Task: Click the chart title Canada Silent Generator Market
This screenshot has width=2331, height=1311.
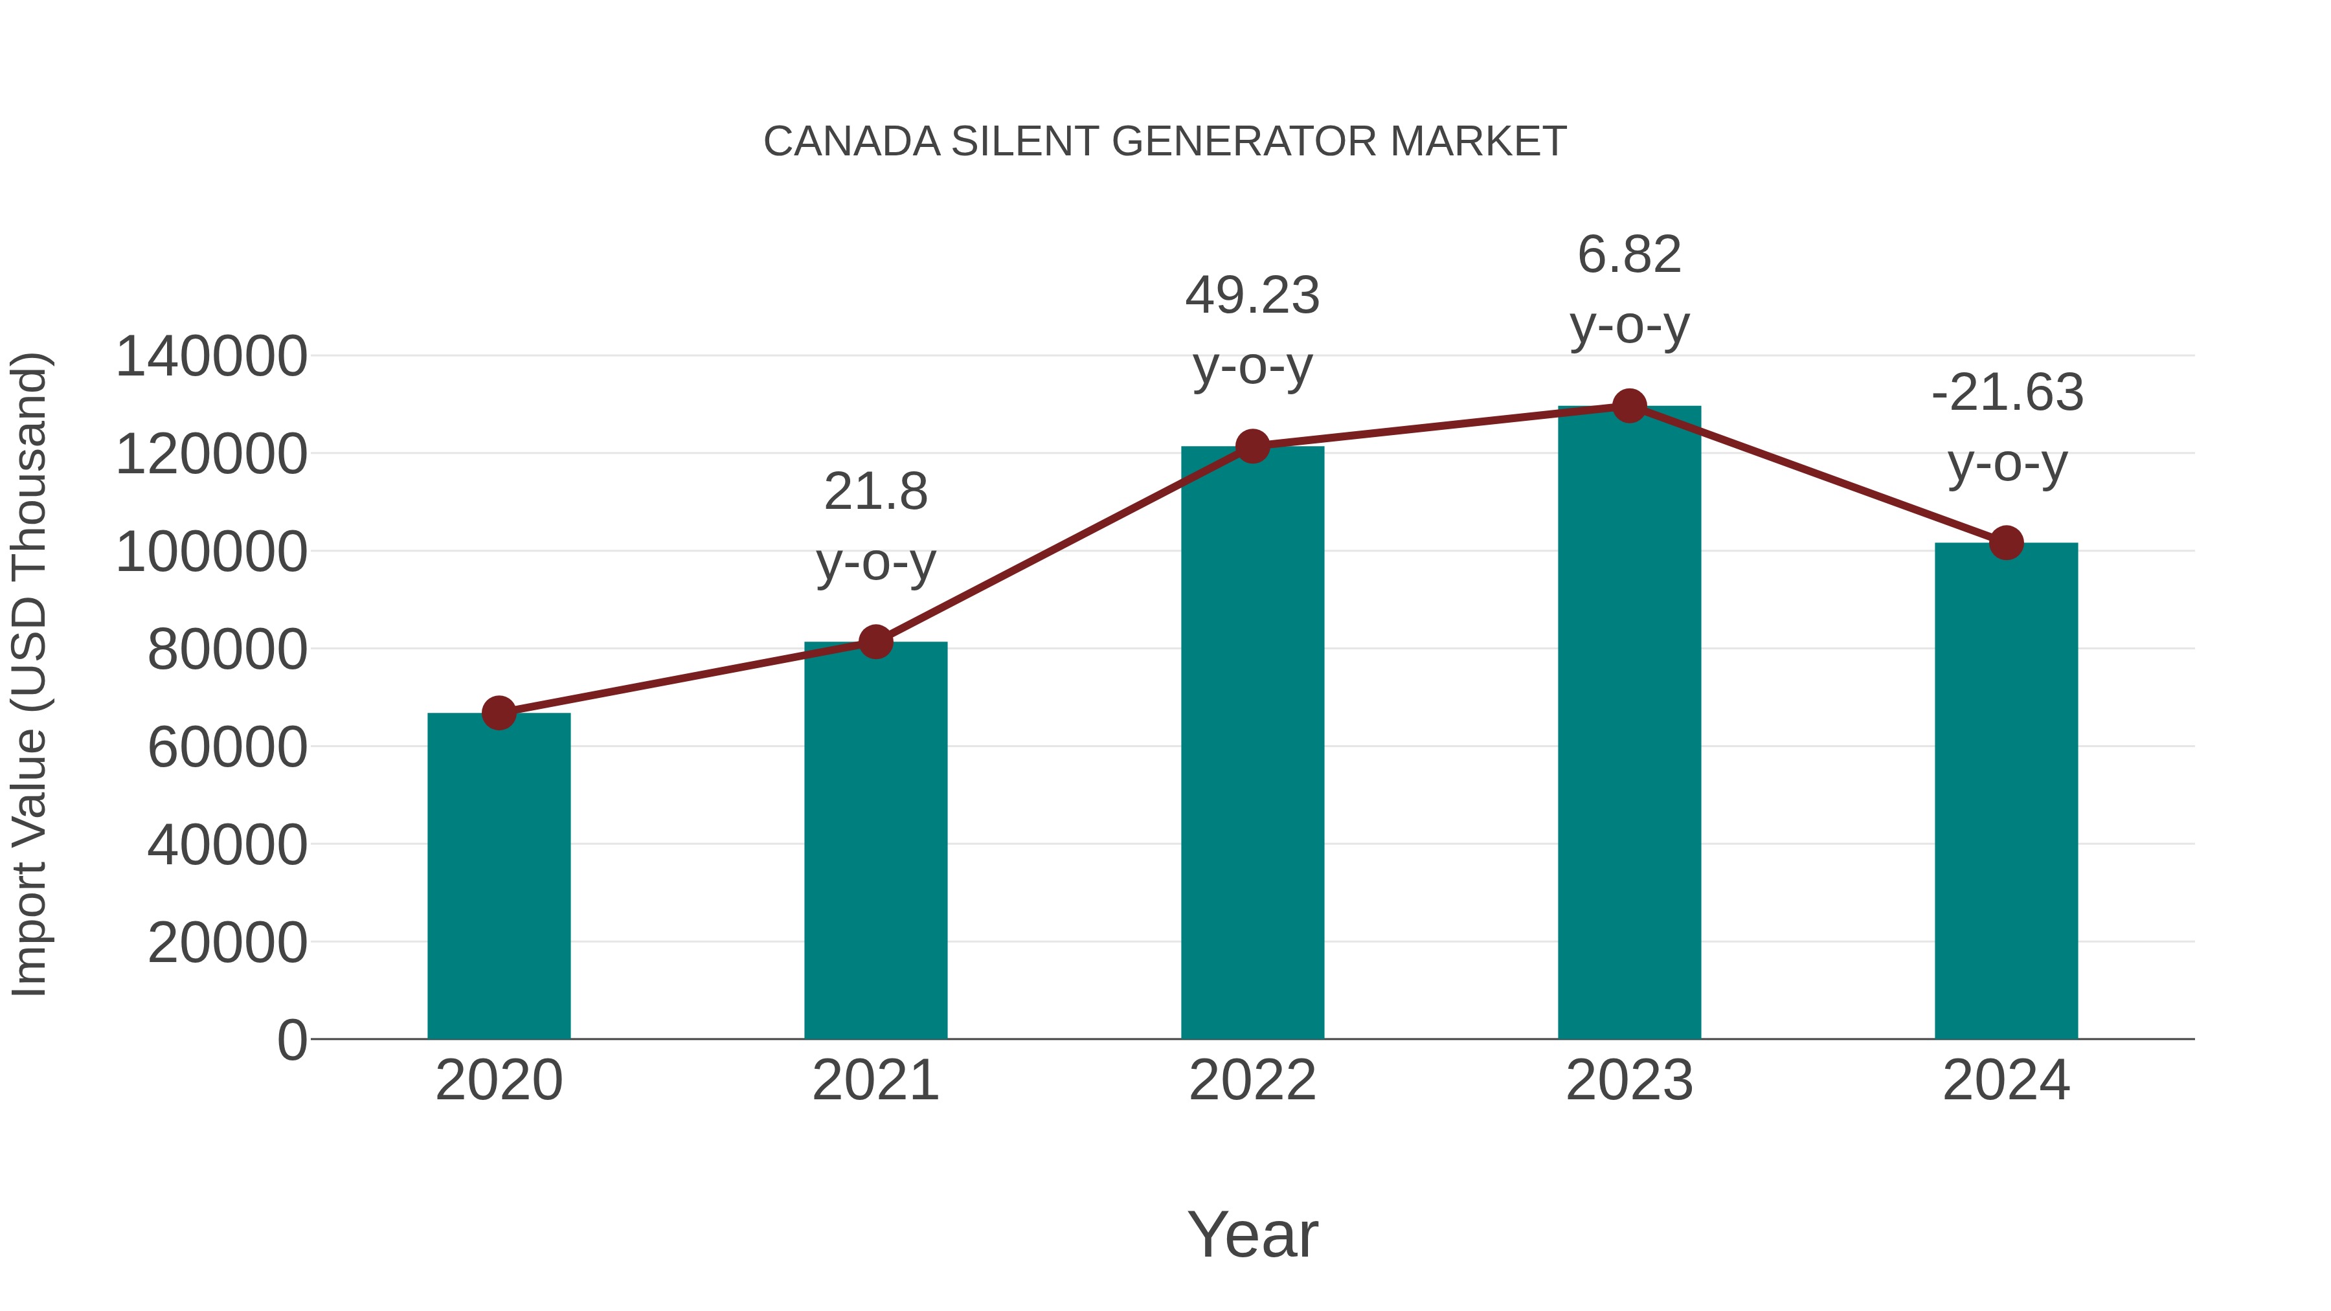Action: tap(1165, 142)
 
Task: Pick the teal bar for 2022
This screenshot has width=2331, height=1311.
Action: tap(1252, 742)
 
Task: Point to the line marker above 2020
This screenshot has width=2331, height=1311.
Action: tap(499, 713)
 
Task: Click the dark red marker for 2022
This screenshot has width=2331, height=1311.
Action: tap(1252, 446)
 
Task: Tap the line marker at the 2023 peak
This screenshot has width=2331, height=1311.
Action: tap(1629, 406)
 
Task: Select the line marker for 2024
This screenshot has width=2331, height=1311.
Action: tap(2006, 543)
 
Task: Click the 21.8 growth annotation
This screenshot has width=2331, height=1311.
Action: tap(875, 493)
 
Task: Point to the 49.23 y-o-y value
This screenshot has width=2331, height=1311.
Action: tap(1252, 296)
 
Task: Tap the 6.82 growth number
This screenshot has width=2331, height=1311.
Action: tap(1629, 255)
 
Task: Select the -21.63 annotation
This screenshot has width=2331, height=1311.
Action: tap(2006, 394)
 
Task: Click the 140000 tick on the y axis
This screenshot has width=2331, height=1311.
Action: tap(211, 357)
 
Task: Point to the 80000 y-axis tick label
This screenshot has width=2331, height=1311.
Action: tap(227, 649)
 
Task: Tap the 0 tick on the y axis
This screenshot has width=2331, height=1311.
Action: tap(291, 1040)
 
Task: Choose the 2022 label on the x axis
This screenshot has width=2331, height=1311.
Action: tap(1252, 1081)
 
